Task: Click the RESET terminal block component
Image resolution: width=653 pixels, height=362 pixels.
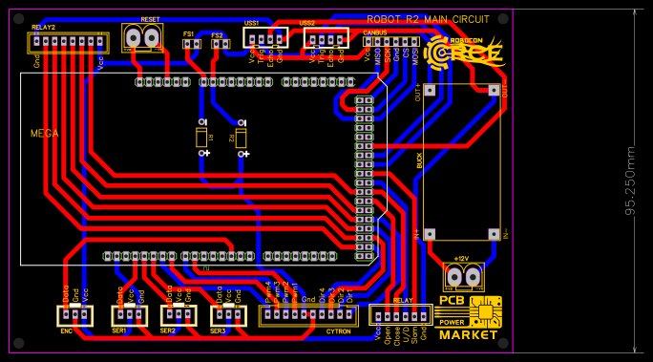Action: [142, 37]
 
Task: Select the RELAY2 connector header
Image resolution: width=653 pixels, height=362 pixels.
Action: [67, 42]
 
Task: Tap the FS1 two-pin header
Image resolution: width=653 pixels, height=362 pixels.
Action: [191, 43]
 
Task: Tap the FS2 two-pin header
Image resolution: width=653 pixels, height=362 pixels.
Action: [219, 44]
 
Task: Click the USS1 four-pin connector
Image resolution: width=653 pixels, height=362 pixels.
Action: [265, 38]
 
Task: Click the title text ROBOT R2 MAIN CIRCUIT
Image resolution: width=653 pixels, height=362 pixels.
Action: [428, 19]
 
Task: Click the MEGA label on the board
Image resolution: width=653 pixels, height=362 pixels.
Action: [44, 134]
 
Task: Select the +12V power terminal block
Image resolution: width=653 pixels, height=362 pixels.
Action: [463, 277]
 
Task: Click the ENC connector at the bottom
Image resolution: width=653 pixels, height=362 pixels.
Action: [73, 315]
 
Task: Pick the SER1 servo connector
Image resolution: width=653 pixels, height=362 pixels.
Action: [129, 315]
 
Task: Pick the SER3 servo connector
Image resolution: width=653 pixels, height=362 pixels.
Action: [228, 315]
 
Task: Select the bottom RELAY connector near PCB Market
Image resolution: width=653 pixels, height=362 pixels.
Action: [400, 315]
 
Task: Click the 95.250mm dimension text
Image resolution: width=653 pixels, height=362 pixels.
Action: [630, 181]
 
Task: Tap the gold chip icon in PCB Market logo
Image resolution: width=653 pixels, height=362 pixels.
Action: [486, 311]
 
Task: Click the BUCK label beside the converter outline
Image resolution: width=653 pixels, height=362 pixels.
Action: [419, 160]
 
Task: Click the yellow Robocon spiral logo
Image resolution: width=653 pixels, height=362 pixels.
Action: [442, 52]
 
